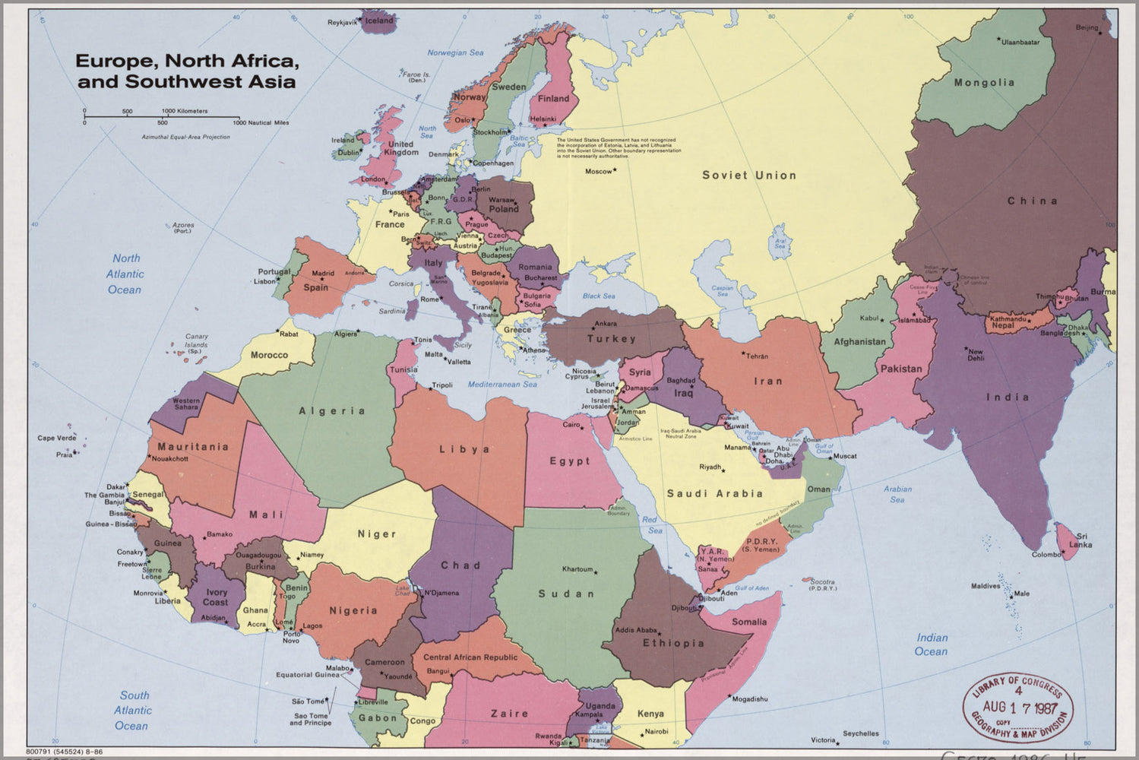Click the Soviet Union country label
pos(748,175)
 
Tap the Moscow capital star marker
pos(615,169)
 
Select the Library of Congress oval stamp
pos(1017,710)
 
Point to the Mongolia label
pos(984,83)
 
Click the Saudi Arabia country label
pos(714,493)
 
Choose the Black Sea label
pos(599,296)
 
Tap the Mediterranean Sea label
pos(501,385)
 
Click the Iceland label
pos(379,21)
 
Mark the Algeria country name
pos(332,411)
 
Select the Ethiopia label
pos(673,643)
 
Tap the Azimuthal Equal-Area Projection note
pos(185,138)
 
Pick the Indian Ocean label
pos(932,644)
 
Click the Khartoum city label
pos(577,569)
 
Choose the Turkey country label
pos(611,339)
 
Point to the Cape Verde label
pos(57,438)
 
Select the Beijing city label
pos(1087,28)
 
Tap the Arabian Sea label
pos(897,494)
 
